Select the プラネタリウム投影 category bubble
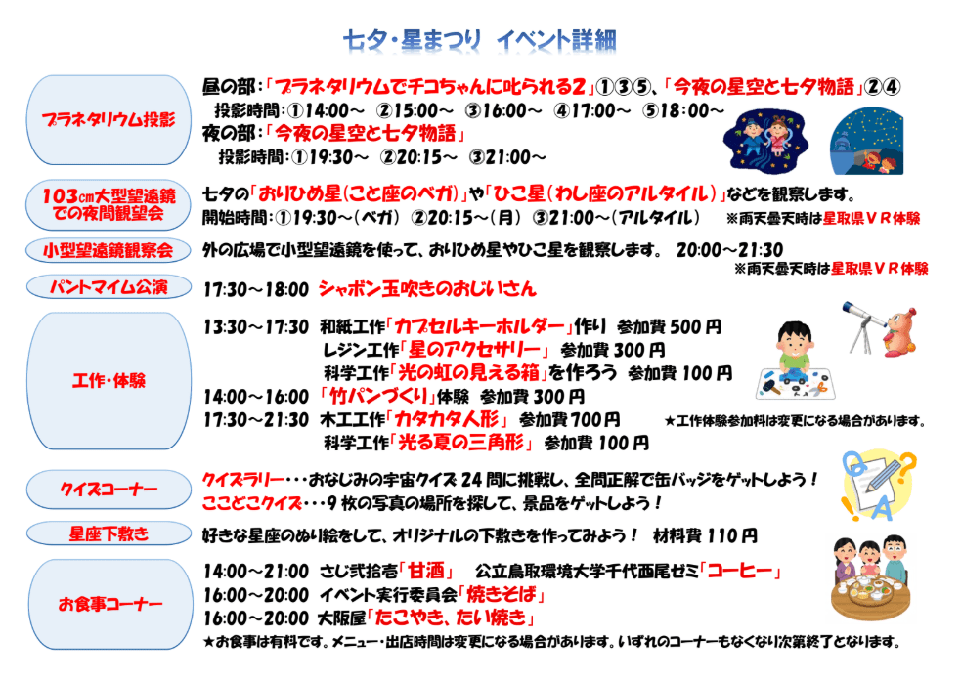[109, 120]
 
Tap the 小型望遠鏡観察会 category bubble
[109, 250]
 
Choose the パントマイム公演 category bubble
[109, 286]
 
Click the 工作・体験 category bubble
[109, 380]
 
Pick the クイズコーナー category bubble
[109, 489]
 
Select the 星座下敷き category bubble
[109, 533]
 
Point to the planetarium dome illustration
[866, 142]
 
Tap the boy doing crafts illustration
[795, 361]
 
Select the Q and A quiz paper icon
[878, 486]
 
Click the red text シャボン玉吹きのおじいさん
[427, 288]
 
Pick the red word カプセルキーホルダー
[479, 326]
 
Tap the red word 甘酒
[426, 571]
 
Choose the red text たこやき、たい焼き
[451, 618]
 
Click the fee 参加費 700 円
[569, 420]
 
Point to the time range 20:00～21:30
[729, 250]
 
